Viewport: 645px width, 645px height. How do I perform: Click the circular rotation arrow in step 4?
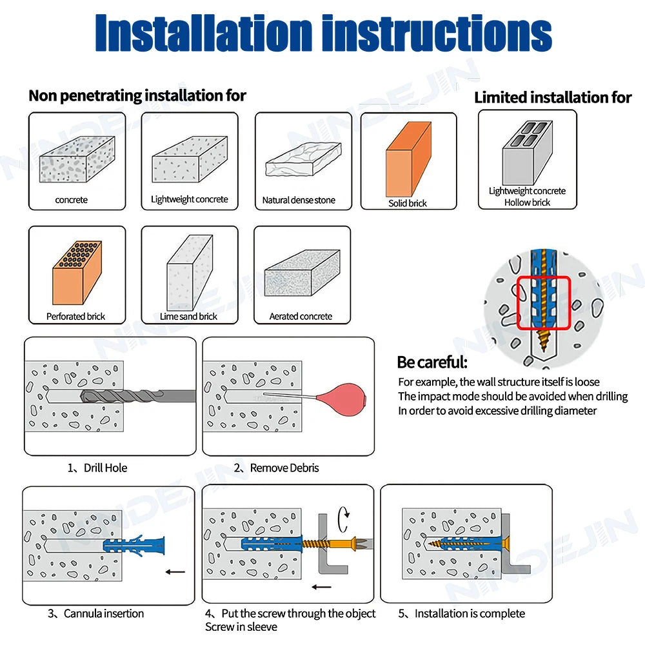pos(347,513)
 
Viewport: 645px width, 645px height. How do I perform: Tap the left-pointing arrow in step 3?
pos(175,571)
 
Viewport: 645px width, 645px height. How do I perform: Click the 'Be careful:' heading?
pos(432,362)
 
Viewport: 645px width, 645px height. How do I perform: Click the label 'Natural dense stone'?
pos(299,200)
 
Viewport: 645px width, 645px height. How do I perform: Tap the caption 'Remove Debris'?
pos(284,468)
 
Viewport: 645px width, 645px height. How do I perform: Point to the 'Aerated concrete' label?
pos(301,316)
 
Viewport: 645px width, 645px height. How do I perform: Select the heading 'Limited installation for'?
pos(553,97)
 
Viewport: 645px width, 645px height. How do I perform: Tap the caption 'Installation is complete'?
pos(470,613)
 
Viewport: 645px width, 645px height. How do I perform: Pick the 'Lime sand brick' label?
pos(188,316)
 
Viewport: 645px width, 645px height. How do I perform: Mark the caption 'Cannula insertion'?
pos(103,613)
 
